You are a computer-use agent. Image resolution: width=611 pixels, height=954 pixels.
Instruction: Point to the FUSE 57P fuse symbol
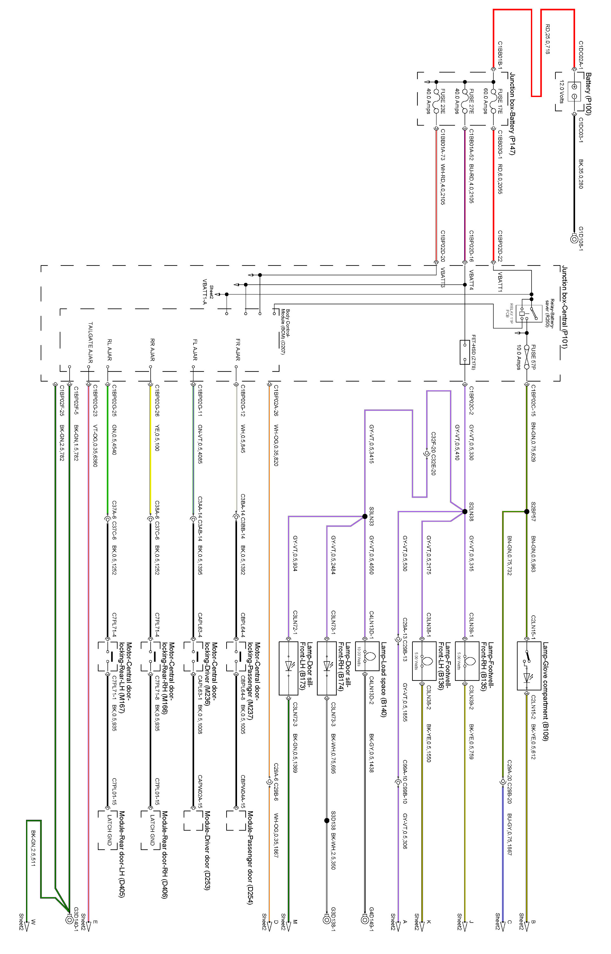point(526,357)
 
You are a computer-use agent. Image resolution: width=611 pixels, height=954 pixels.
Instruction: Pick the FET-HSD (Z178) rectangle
point(465,352)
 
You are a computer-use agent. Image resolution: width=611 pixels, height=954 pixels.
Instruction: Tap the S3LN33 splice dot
point(365,516)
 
